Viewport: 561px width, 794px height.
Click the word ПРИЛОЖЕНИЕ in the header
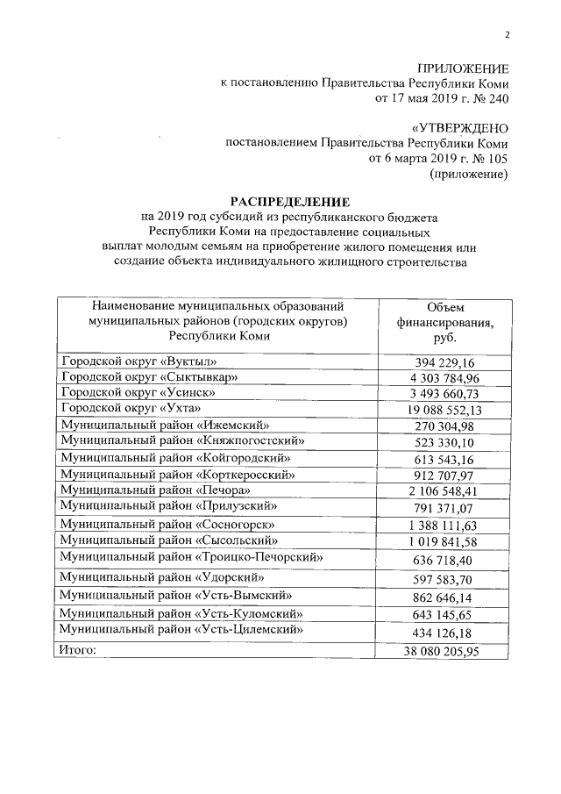463,68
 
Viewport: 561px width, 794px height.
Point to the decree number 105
494,159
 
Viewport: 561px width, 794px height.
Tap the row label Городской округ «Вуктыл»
138,361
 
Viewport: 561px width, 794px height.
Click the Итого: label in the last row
78,650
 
